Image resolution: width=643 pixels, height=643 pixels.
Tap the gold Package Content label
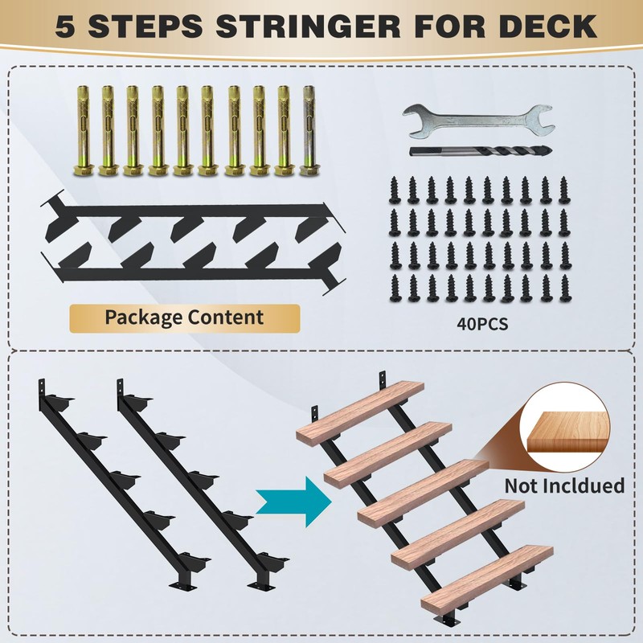point(184,317)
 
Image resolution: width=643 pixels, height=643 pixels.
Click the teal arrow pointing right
point(293,502)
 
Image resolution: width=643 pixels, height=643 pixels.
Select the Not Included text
point(564,485)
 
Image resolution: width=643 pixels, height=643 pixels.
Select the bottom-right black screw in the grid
point(563,287)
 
